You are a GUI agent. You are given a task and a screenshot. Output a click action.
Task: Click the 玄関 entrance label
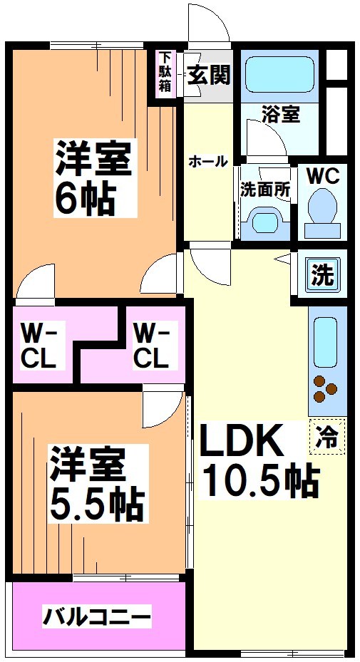pyautogui.click(x=208, y=75)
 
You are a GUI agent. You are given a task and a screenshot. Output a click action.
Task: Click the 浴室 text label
pyautogui.click(x=280, y=115)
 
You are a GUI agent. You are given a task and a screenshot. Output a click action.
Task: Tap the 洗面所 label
pyautogui.click(x=264, y=190)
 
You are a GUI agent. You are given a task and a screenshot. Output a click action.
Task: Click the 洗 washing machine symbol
pyautogui.click(x=324, y=275)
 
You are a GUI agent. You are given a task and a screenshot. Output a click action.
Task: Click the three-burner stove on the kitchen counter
pyautogui.click(x=326, y=388)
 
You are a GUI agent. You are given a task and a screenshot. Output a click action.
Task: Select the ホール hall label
pyautogui.click(x=207, y=162)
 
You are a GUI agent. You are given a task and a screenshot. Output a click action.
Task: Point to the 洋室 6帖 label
pyautogui.click(x=93, y=178)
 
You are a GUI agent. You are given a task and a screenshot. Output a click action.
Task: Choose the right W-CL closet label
pyautogui.click(x=151, y=345)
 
